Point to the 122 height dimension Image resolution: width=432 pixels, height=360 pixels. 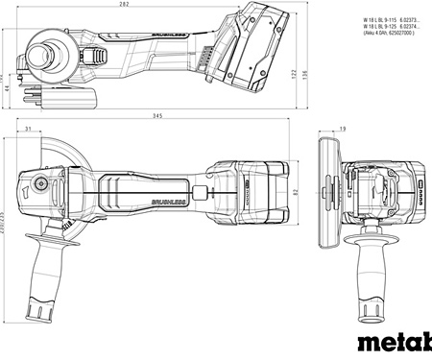(292, 73)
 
